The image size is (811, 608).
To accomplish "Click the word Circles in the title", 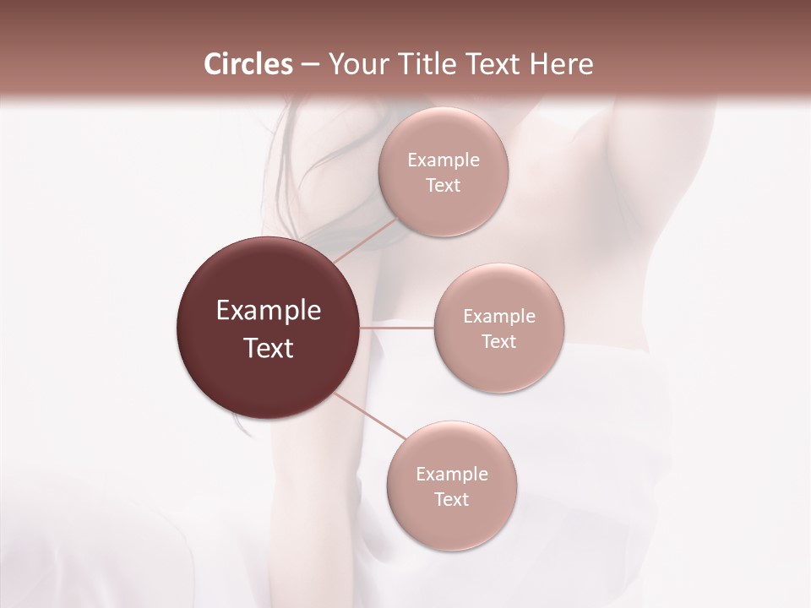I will click(248, 64).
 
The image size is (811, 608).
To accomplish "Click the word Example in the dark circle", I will click(269, 311).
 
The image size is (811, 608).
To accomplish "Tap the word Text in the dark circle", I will click(269, 348).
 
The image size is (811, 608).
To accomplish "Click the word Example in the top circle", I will click(444, 160).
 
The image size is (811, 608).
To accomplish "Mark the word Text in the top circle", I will click(444, 186).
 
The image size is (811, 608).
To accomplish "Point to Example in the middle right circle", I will click(499, 317).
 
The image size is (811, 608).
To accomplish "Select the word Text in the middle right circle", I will click(499, 342).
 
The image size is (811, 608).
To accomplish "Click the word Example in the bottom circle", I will click(452, 475).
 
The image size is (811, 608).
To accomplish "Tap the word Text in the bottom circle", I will click(452, 500).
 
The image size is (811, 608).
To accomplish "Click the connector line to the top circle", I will click(366, 239).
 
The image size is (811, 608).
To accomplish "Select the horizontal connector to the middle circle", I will click(397, 328).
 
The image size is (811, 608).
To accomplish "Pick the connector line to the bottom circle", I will click(371, 417).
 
